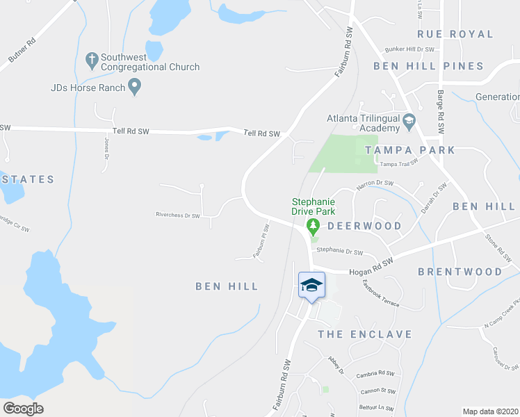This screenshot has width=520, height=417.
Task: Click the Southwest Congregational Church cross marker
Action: (x=91, y=60)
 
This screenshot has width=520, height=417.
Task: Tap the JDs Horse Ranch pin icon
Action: (x=136, y=88)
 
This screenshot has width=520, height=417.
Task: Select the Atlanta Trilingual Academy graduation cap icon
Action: (x=409, y=121)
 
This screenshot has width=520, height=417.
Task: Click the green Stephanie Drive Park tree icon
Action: (x=313, y=226)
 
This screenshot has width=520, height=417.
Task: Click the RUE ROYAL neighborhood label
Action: (x=455, y=34)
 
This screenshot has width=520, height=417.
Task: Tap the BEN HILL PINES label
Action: (x=428, y=66)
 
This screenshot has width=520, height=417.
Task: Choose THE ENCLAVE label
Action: (x=365, y=334)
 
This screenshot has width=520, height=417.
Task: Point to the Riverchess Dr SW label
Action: (x=177, y=215)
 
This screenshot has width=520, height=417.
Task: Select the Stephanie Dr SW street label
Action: (x=340, y=251)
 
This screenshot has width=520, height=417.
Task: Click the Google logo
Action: (x=24, y=409)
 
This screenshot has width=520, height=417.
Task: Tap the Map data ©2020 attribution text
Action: (x=491, y=411)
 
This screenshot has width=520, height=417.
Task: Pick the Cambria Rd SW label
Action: (x=375, y=375)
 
